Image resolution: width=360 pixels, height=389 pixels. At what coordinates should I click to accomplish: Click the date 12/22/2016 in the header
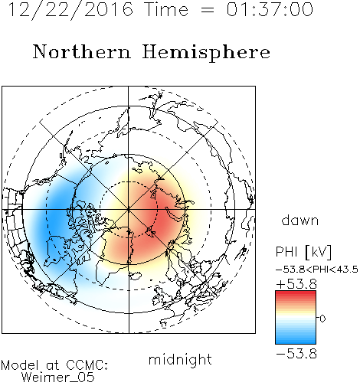pyautogui.click(x=70, y=10)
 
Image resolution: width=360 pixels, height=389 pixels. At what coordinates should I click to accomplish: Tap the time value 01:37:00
pyautogui.click(x=270, y=9)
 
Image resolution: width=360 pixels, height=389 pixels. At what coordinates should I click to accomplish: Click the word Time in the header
pyautogui.click(x=166, y=9)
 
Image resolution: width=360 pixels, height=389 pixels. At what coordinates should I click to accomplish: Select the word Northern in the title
pyautogui.click(x=82, y=52)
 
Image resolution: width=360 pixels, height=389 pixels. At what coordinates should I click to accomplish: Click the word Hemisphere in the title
pyautogui.click(x=206, y=53)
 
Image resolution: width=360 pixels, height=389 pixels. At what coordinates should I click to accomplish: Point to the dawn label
pyautogui.click(x=300, y=220)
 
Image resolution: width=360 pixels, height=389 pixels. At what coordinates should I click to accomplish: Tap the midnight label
pyautogui.click(x=180, y=359)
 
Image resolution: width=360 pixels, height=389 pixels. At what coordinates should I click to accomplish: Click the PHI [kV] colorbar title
pyautogui.click(x=303, y=252)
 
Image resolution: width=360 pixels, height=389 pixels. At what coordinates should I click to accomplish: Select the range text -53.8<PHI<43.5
pyautogui.click(x=317, y=270)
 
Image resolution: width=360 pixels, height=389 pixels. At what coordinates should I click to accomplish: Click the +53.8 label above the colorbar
pyautogui.click(x=296, y=284)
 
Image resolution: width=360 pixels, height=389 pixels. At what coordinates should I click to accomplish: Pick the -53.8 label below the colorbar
pyautogui.click(x=296, y=354)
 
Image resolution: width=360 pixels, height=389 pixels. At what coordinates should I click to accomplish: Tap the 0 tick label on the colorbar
pyautogui.click(x=322, y=319)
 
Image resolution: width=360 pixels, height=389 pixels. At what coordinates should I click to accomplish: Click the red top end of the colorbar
pyautogui.click(x=296, y=293)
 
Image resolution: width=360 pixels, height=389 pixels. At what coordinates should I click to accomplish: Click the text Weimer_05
pyautogui.click(x=58, y=378)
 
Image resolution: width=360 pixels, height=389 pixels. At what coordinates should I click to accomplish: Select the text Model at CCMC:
pyautogui.click(x=54, y=365)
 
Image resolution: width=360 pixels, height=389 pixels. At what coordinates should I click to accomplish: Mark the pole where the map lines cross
pyautogui.click(x=129, y=210)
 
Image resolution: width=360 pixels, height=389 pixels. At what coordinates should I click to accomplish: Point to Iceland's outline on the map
pyautogui.click(x=136, y=276)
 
